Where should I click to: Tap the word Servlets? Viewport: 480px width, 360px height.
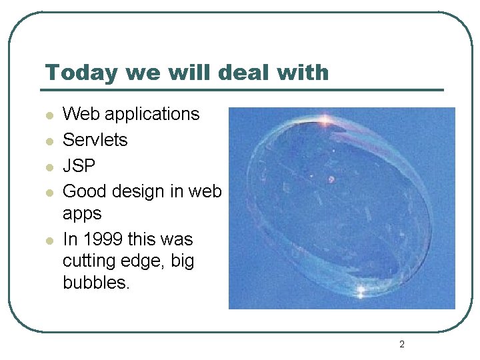click(x=95, y=140)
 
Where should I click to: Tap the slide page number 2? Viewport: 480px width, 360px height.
click(x=401, y=345)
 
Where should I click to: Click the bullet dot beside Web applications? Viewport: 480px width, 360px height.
click(x=49, y=116)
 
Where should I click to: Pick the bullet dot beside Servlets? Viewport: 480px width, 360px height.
click(x=49, y=141)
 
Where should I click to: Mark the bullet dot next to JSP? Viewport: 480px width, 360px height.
click(x=49, y=167)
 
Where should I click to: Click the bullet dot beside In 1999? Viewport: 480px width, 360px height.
click(x=49, y=240)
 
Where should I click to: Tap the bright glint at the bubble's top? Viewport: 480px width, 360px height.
click(x=326, y=120)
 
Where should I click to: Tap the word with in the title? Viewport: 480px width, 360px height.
click(x=305, y=72)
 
